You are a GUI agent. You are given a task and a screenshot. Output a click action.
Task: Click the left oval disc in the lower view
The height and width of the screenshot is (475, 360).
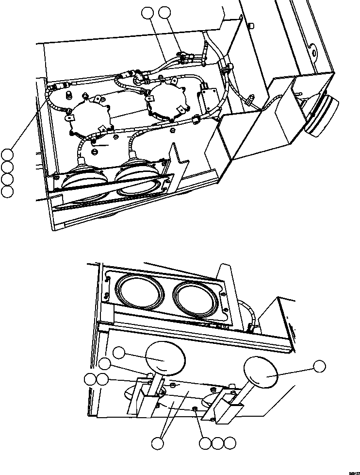165,359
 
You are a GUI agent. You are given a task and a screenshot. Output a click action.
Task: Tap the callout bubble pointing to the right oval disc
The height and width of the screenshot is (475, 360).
319,367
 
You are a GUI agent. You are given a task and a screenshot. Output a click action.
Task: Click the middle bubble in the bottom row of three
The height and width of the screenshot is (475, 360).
218,443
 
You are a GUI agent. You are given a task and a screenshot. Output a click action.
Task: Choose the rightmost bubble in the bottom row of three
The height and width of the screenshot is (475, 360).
230,443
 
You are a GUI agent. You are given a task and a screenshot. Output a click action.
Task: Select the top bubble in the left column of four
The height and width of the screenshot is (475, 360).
7,155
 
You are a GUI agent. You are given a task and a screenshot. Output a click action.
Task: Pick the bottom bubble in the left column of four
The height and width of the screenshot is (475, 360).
7,192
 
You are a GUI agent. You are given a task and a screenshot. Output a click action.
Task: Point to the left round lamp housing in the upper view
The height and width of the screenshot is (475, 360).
88,116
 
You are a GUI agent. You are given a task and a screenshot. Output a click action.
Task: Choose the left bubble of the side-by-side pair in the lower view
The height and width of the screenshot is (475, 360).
90,380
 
